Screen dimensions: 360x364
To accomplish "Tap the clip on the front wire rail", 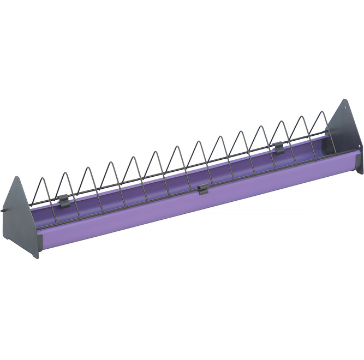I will tap(202, 189).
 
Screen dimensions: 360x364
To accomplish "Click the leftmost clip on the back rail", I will tap(63, 200).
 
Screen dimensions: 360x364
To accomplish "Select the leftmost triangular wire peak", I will tap(65, 173).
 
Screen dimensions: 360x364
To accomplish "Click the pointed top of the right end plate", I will tap(345, 100).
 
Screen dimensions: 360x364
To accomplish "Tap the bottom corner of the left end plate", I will tap(37, 257).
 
